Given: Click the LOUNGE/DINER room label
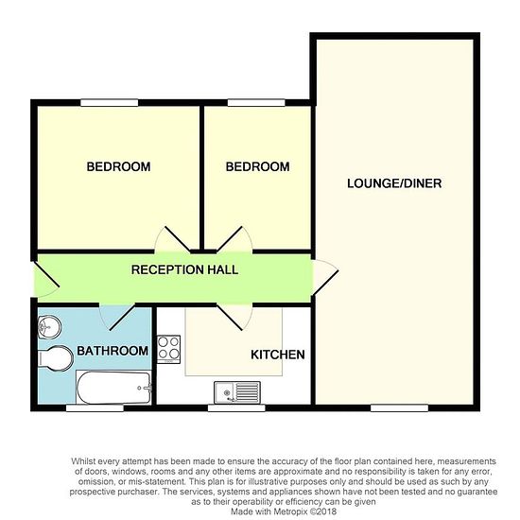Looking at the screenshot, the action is point(394,183).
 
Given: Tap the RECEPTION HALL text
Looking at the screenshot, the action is point(184,269).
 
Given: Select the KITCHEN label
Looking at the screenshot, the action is point(278,355).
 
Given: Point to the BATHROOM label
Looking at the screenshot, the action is point(113,351).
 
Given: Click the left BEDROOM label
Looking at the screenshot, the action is point(118,166).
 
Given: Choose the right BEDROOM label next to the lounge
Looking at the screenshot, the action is point(258,166).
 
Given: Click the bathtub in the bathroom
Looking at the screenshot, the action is point(113,387).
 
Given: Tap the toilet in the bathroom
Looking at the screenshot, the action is point(56,358).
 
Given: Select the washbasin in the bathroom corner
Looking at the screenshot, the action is point(49,327).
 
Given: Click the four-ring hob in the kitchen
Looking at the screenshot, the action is point(169,349).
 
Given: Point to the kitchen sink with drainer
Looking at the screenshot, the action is point(237,392).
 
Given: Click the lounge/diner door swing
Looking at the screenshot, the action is point(325,277).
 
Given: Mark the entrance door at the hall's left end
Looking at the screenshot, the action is point(46,279).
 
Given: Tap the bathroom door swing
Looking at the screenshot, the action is point(117,318).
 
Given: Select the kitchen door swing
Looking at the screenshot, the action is point(234,318).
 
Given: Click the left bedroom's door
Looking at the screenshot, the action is point(173,239).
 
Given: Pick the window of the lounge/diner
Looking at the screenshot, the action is point(399,407).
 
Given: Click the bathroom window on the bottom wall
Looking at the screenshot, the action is point(95,407).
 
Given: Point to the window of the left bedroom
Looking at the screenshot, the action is point(110,102).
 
